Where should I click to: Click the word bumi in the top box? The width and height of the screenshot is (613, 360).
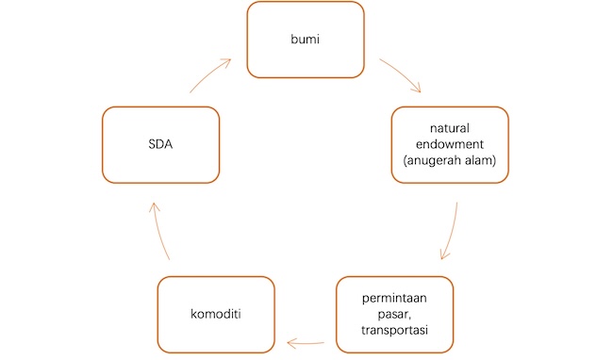click(x=305, y=39)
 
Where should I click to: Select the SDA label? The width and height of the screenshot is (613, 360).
click(x=160, y=144)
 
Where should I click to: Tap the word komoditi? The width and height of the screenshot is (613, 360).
click(x=216, y=314)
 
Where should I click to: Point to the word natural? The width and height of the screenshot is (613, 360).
click(x=450, y=128)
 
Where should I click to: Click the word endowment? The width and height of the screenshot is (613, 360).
click(x=450, y=144)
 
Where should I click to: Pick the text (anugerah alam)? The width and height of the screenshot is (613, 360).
click(x=450, y=160)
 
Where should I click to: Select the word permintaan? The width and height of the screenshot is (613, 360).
click(x=394, y=299)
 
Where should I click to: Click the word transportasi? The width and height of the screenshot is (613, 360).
click(x=394, y=330)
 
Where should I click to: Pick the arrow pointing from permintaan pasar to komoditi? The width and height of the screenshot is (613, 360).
click(x=306, y=344)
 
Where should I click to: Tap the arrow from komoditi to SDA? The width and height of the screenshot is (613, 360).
click(x=159, y=230)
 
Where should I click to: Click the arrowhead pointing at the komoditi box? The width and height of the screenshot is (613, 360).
click(x=292, y=344)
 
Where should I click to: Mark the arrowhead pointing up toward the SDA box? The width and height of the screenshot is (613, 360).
click(x=155, y=207)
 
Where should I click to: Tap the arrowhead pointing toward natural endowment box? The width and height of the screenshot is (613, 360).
click(x=416, y=88)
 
